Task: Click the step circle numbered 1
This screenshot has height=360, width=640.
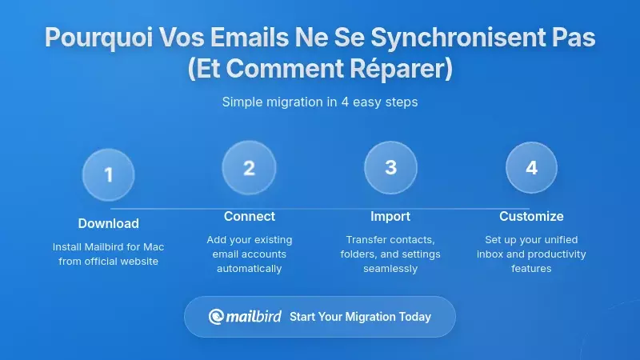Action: click(109, 174)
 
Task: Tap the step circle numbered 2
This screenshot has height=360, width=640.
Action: click(249, 168)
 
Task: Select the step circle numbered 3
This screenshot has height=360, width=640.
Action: click(390, 167)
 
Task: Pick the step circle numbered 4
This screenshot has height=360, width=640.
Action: click(531, 167)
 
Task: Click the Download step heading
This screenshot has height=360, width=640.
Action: click(109, 223)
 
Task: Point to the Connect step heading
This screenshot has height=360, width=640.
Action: click(250, 216)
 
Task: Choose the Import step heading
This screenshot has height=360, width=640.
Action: click(390, 216)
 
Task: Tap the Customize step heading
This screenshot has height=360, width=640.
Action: click(531, 216)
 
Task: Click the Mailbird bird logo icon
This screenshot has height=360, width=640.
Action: click(216, 317)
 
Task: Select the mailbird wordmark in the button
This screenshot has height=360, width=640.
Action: click(254, 316)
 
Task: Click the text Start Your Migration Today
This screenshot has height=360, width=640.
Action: click(360, 317)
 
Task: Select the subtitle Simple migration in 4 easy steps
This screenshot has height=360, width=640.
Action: click(320, 102)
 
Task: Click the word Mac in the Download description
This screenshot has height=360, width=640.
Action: click(153, 247)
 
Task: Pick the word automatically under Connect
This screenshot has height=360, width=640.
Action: click(250, 269)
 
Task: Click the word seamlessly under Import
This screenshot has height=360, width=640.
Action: click(390, 269)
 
